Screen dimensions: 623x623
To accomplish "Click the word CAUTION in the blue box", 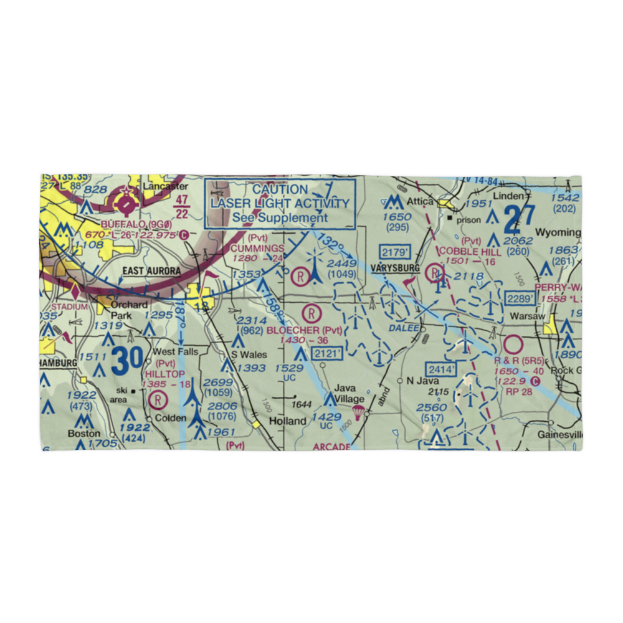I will click(280, 189).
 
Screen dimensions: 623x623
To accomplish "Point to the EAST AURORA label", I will click(151, 270).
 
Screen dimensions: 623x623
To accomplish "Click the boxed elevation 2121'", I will click(328, 353).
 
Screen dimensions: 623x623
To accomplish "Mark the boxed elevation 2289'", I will click(520, 298).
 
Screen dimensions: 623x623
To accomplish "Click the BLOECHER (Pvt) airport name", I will click(305, 330).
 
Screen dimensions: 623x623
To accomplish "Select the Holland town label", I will click(287, 421).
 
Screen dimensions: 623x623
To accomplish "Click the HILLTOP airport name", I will click(164, 373).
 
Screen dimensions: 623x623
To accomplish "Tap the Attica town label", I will click(421, 202).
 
